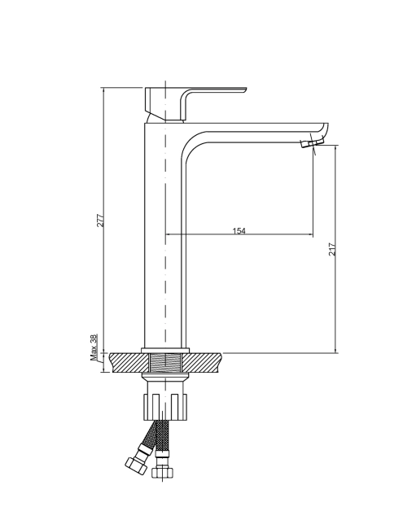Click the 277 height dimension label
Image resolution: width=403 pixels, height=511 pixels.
pyautogui.click(x=101, y=221)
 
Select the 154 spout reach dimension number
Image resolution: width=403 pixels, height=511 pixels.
pyautogui.click(x=239, y=231)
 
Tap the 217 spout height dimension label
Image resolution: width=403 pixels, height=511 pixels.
pyautogui.click(x=332, y=249)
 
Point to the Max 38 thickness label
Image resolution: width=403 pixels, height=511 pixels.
pyautogui.click(x=94, y=347)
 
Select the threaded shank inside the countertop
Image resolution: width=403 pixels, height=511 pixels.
pyautogui.click(x=165, y=362)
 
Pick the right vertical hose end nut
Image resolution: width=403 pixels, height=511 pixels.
pyautogui.click(x=162, y=473)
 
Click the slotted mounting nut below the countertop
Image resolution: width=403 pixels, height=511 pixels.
pyautogui.click(x=165, y=407)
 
